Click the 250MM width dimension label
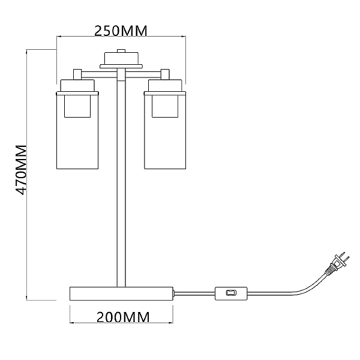point(121,31)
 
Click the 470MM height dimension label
point(21,170)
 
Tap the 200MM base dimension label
point(123,317)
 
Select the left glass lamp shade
point(77,130)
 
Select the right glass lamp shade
point(165,130)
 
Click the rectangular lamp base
point(121,293)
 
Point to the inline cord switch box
point(231,293)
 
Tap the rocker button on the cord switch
point(231,293)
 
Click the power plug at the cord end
point(337,263)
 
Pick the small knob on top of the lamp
point(121,51)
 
